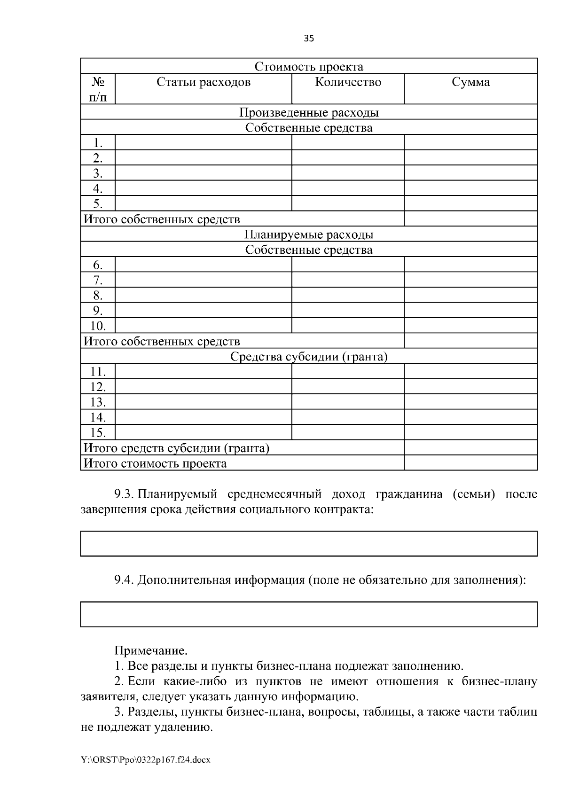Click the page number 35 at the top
(x=309, y=39)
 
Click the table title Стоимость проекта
(x=309, y=67)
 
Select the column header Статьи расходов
(x=203, y=82)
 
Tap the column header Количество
(x=348, y=82)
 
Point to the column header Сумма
(x=470, y=82)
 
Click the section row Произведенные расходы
(x=309, y=112)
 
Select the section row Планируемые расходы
(x=309, y=235)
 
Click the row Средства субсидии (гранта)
(x=309, y=357)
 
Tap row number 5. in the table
(x=98, y=203)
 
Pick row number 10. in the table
(x=98, y=326)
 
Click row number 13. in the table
(x=98, y=402)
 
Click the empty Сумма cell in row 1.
(x=470, y=142)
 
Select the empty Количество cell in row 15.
(x=348, y=432)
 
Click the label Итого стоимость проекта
(x=155, y=463)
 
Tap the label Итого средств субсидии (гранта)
(x=176, y=448)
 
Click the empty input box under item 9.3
(x=309, y=544)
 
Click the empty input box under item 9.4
(x=309, y=614)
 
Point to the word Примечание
(x=151, y=651)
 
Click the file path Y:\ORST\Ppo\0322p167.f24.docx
(x=146, y=759)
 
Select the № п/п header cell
(x=98, y=89)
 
